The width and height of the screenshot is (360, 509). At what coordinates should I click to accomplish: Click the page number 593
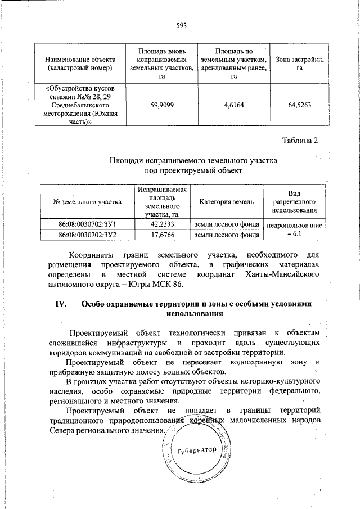(x=181, y=25)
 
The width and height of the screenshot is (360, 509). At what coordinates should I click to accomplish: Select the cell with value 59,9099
(x=162, y=105)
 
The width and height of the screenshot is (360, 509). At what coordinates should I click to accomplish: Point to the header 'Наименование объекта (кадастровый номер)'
(x=81, y=64)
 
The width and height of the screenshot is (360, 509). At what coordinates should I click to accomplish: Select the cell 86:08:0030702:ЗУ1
(x=87, y=224)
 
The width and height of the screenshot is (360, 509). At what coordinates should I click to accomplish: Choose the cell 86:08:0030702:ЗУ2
(x=87, y=234)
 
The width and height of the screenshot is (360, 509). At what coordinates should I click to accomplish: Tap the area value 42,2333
(x=161, y=224)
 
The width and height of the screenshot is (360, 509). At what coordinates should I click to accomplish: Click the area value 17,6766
(x=161, y=234)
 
